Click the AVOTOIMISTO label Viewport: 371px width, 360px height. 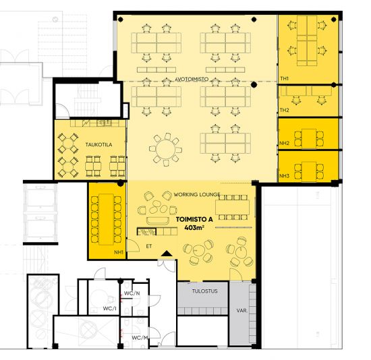[x=192, y=79]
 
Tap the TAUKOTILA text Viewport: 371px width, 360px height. [x=98, y=144]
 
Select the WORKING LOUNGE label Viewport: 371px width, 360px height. [x=197, y=194]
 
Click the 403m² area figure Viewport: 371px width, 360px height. [x=194, y=228]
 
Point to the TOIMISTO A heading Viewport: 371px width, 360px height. [x=194, y=219]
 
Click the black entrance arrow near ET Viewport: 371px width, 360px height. [x=167, y=253]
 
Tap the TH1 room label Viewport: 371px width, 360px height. [x=285, y=78]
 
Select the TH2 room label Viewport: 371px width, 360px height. [x=285, y=110]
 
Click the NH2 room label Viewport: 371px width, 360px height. [x=285, y=143]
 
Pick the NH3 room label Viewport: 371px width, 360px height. [x=285, y=176]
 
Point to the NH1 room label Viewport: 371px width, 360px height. [x=119, y=252]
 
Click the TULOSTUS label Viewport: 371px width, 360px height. [x=204, y=291]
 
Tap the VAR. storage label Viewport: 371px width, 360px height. [x=241, y=310]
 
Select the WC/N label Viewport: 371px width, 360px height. [x=132, y=293]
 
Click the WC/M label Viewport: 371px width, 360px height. [x=140, y=338]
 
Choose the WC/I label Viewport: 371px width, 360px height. [x=110, y=309]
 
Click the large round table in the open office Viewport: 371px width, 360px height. [x=166, y=149]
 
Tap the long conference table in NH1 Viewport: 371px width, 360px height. [x=106, y=219]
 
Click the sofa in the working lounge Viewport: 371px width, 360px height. [x=158, y=220]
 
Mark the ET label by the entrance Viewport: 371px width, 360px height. [x=149, y=246]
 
